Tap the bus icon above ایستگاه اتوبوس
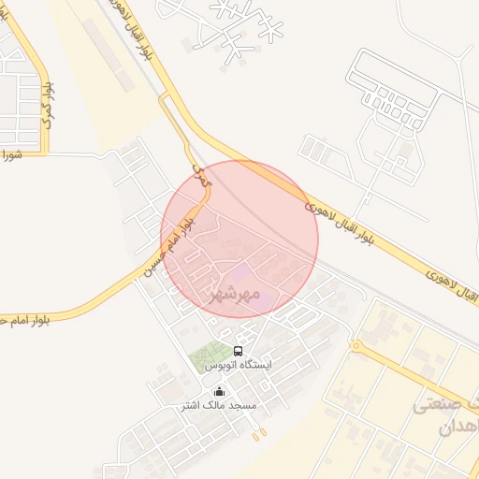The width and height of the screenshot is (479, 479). [238, 351]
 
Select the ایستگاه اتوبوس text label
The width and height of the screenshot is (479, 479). [238, 364]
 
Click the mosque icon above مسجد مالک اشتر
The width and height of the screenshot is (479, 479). [219, 392]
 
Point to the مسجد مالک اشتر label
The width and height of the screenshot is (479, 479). [219, 406]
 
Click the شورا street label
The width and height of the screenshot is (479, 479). [10, 154]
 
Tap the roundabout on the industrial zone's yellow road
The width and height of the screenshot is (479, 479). [356, 346]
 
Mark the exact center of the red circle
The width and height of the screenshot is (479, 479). [239, 239]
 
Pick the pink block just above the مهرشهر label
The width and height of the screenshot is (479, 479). [241, 275]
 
